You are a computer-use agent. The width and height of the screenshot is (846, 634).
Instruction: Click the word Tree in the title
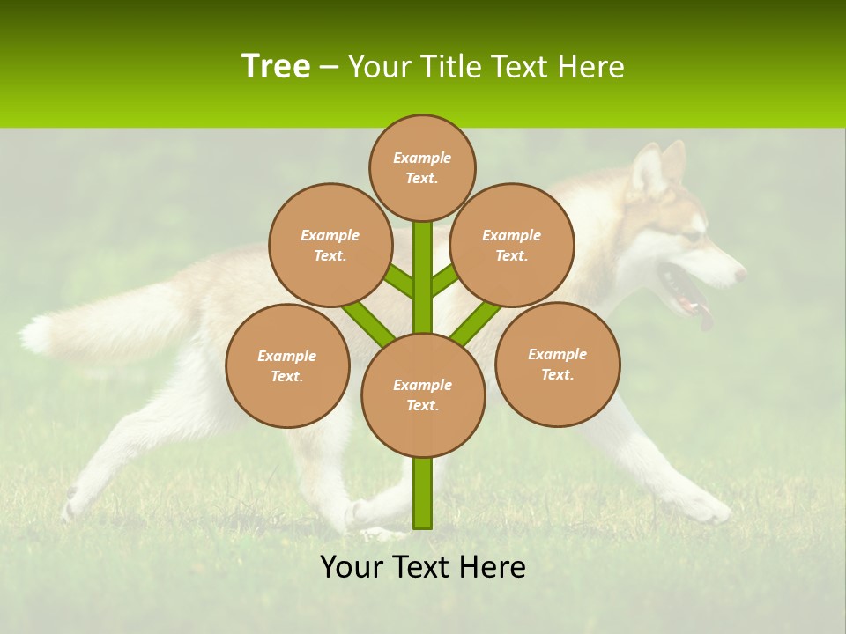pyautogui.click(x=276, y=67)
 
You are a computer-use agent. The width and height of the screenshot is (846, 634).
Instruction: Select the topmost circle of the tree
pyautogui.click(x=422, y=167)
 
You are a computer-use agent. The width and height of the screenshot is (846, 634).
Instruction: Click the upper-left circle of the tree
pyautogui.click(x=330, y=245)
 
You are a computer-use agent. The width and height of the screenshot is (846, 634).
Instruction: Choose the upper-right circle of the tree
pyautogui.click(x=511, y=245)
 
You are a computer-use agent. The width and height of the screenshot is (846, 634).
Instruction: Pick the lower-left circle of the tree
pyautogui.click(x=287, y=365)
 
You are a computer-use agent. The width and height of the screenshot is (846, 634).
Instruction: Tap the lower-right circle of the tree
pyautogui.click(x=557, y=364)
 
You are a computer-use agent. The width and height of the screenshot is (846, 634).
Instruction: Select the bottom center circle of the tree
pyautogui.click(x=423, y=394)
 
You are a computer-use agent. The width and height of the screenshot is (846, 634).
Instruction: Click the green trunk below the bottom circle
pyautogui.click(x=423, y=493)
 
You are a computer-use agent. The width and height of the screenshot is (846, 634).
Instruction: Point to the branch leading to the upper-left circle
pyautogui.click(x=398, y=281)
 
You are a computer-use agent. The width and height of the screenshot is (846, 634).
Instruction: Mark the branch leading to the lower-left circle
pyautogui.click(x=367, y=321)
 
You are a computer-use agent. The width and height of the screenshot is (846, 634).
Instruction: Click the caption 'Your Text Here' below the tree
pyautogui.click(x=423, y=567)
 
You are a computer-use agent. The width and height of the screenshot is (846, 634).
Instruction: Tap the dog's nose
pyautogui.click(x=739, y=275)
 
